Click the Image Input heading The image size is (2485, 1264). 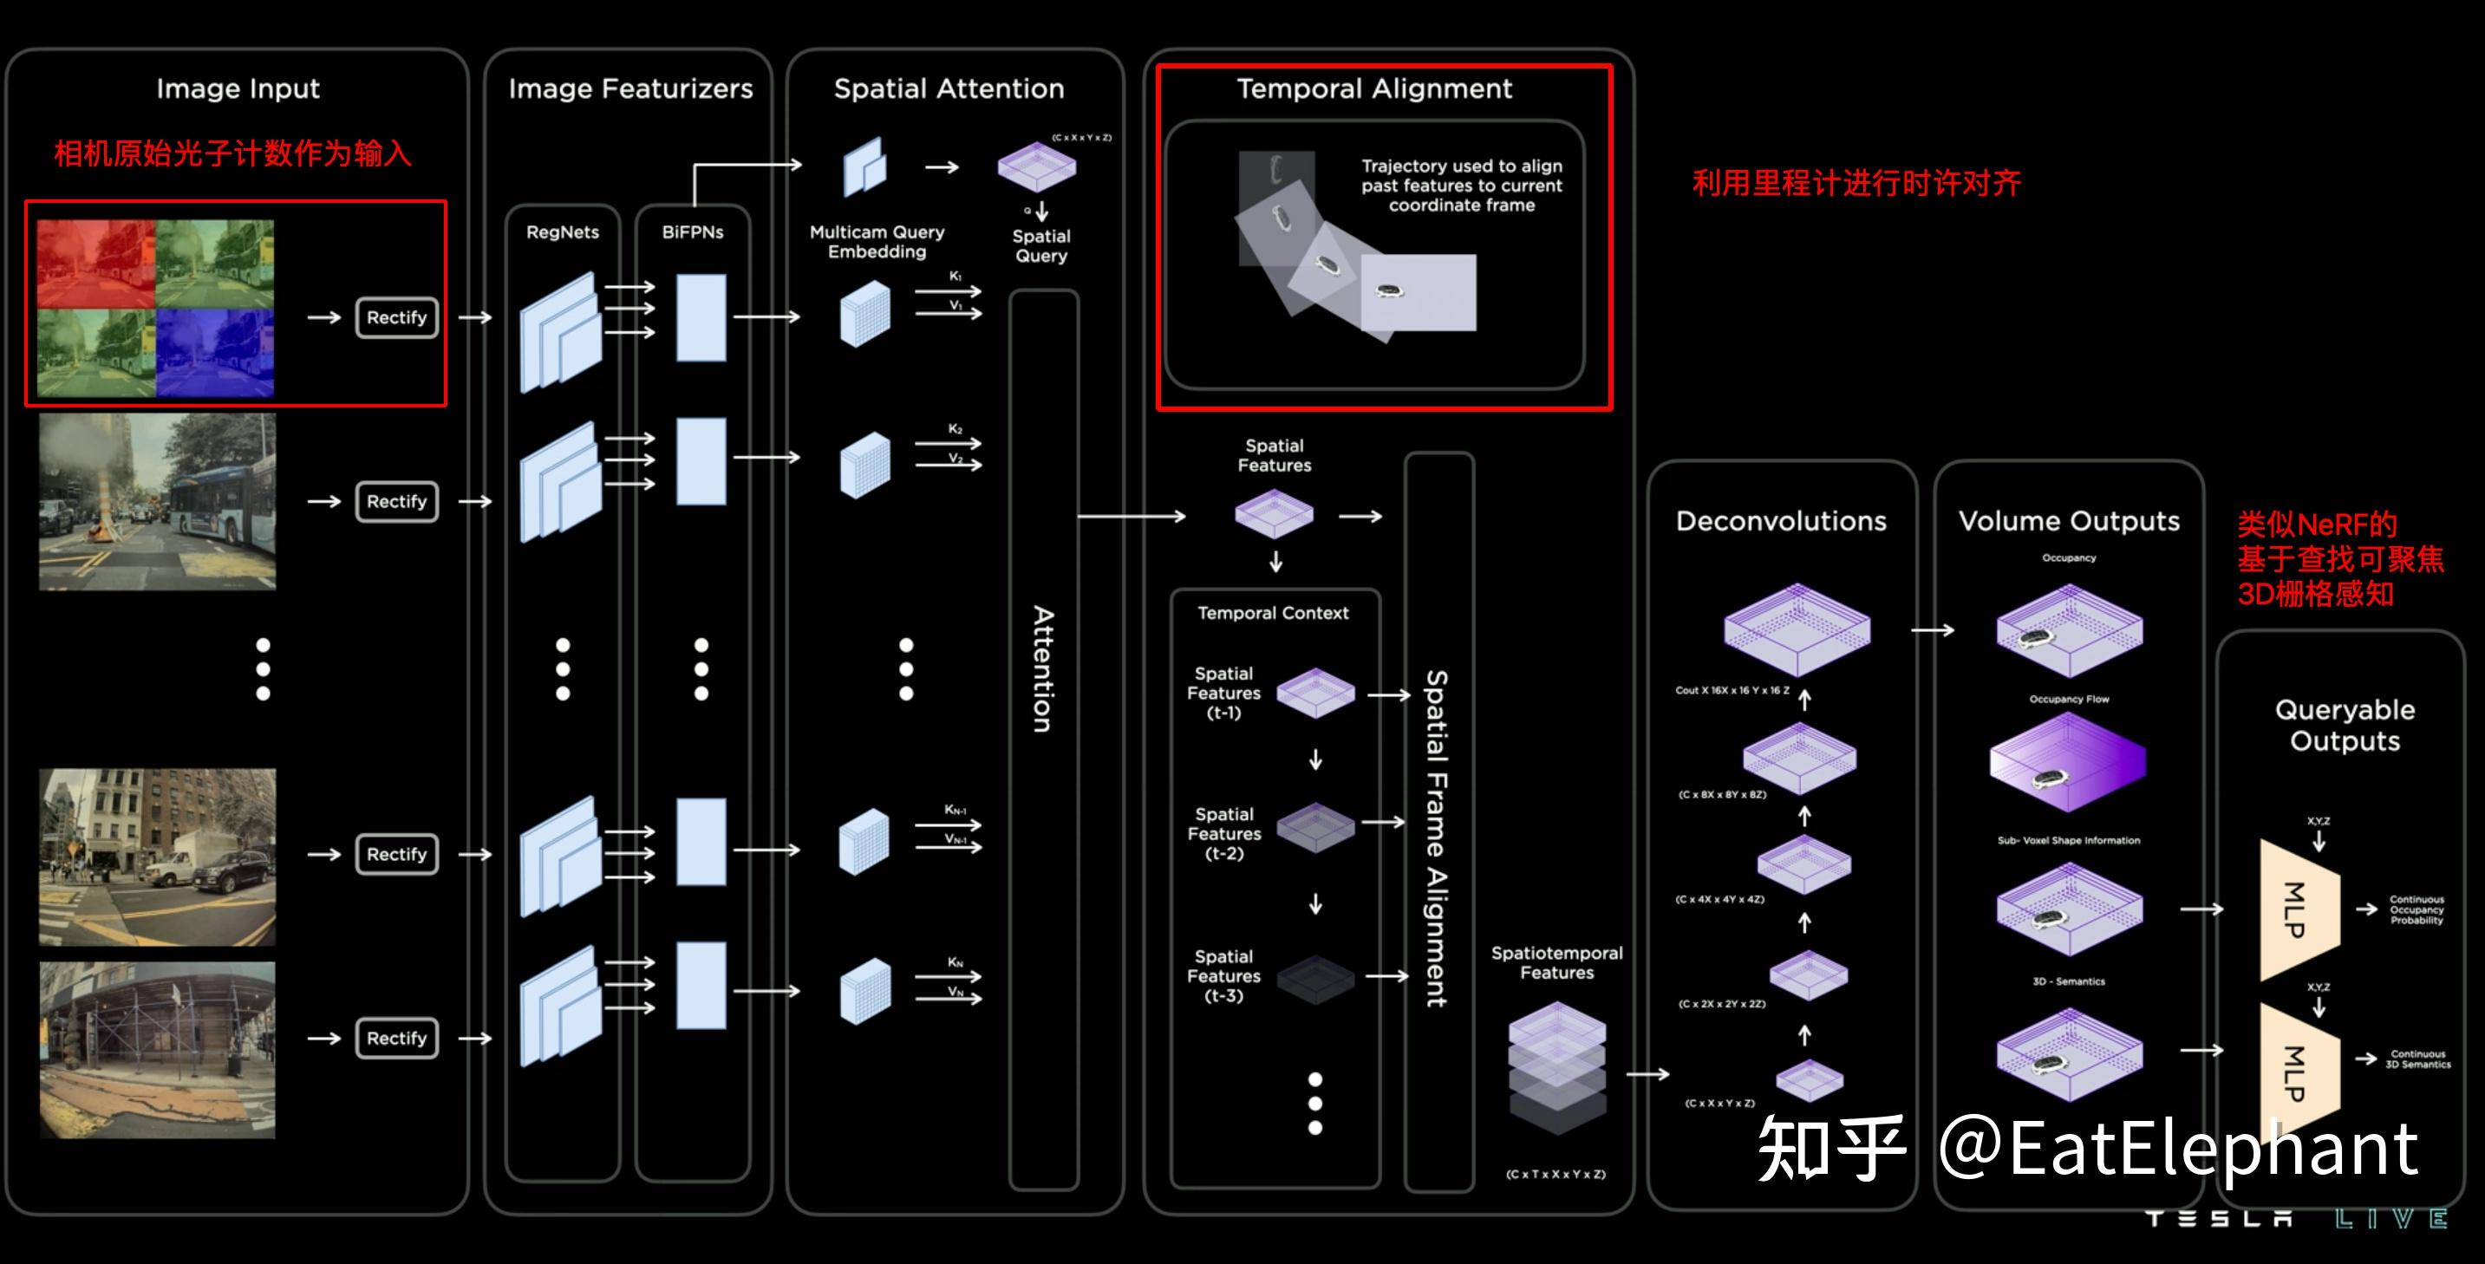pos(238,88)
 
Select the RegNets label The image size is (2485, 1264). pos(563,232)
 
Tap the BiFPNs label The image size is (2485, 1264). pos(693,232)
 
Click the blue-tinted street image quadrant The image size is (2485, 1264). pos(215,352)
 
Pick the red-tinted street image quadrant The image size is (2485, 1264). pos(95,264)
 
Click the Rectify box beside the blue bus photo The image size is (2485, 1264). pos(396,502)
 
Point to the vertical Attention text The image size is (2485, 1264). pos(1043,668)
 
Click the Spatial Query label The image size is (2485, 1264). pos(1040,246)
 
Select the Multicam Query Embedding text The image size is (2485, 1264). pos(877,242)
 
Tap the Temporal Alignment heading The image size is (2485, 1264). pos(1373,88)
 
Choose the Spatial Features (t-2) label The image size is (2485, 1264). pos(1223,834)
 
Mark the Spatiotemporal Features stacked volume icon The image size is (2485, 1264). pos(1556,1067)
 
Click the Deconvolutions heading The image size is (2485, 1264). pos(1781,521)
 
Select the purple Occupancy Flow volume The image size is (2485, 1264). pos(2067,761)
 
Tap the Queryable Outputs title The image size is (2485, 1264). pos(2345,725)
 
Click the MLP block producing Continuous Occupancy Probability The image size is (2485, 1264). pos(2299,909)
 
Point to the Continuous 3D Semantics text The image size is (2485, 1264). pos(2417,1059)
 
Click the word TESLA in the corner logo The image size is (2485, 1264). pos(2219,1219)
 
